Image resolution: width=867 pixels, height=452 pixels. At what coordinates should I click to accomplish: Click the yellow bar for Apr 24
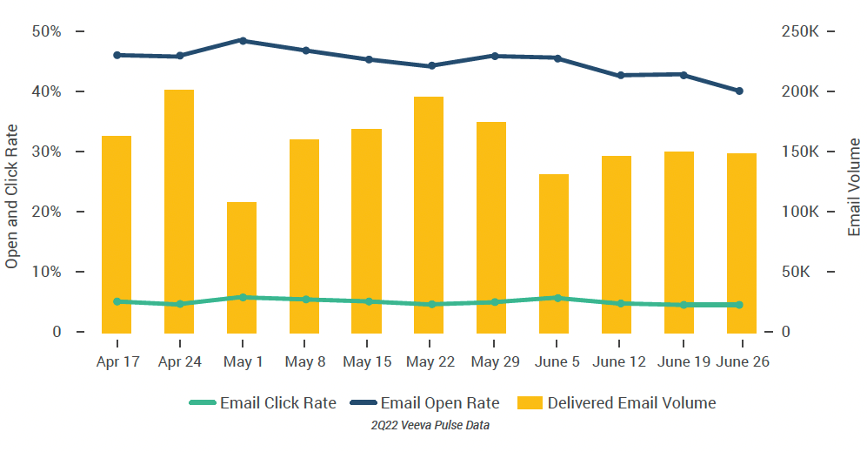click(179, 211)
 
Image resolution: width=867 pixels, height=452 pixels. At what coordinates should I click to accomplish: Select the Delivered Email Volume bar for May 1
click(242, 266)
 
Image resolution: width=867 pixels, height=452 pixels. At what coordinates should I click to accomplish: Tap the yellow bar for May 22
click(429, 214)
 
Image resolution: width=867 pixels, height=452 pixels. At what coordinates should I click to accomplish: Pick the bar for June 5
click(554, 253)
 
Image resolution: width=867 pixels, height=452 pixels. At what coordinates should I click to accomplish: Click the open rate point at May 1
click(243, 40)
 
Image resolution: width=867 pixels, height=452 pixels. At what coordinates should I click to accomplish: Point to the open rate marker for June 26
click(739, 91)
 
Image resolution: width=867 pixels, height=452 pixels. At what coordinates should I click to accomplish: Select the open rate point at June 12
click(620, 76)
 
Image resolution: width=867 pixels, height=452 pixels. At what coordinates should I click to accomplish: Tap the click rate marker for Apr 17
click(117, 301)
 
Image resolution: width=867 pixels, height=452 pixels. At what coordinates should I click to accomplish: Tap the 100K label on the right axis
click(801, 212)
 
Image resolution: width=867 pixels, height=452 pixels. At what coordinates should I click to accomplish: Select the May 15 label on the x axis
click(367, 362)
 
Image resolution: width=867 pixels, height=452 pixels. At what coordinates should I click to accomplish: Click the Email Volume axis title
click(854, 186)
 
